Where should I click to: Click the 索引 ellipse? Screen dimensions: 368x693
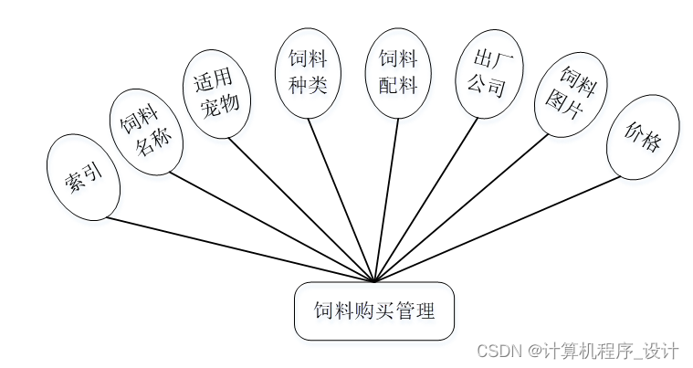click(83, 177)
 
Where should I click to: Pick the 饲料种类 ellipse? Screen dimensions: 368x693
click(308, 72)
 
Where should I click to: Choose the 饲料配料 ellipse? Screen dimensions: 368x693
click(398, 72)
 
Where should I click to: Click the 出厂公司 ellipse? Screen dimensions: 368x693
click(490, 75)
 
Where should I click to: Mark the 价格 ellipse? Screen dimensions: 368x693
click(643, 137)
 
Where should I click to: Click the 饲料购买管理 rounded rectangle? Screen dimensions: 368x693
click(373, 311)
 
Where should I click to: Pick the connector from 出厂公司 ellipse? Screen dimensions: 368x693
click(425, 201)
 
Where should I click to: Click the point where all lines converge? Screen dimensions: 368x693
click(374, 282)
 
